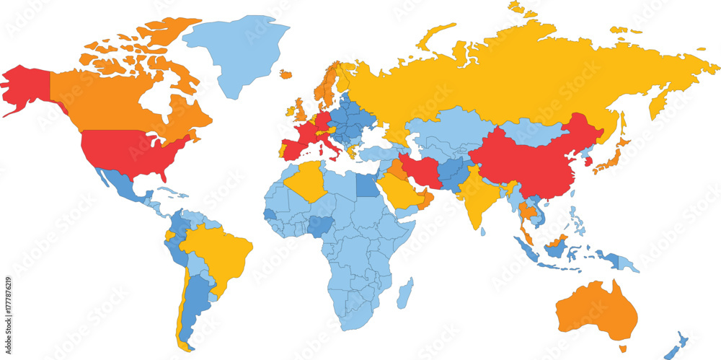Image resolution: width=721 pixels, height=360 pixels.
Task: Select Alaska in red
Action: click(25, 87)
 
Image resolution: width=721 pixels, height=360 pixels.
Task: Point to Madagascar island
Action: click(406, 292)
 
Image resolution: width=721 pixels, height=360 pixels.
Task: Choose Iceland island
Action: click(286, 74)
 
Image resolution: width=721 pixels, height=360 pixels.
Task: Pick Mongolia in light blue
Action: click(530, 131)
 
